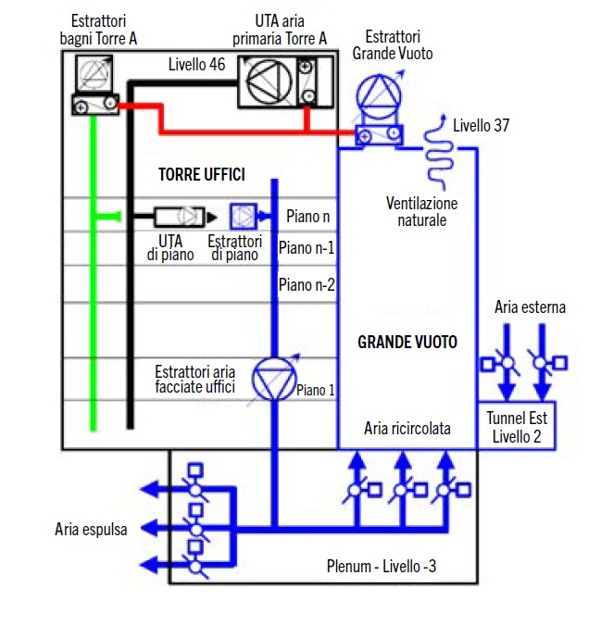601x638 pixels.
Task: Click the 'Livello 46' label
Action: (197, 66)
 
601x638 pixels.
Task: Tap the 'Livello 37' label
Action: (481, 125)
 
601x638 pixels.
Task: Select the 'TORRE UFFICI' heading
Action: (201, 174)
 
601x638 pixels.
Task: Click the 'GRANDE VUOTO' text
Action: (407, 342)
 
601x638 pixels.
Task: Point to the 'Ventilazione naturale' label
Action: (422, 211)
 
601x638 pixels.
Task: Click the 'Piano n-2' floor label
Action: (307, 284)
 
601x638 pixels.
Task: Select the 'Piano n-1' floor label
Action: (307, 249)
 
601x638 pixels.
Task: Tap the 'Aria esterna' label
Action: (531, 307)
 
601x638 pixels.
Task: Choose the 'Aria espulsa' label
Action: (91, 529)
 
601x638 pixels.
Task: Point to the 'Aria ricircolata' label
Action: (407, 429)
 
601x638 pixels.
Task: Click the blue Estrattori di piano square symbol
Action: (244, 216)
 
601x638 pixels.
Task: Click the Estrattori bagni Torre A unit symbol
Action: (94, 83)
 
